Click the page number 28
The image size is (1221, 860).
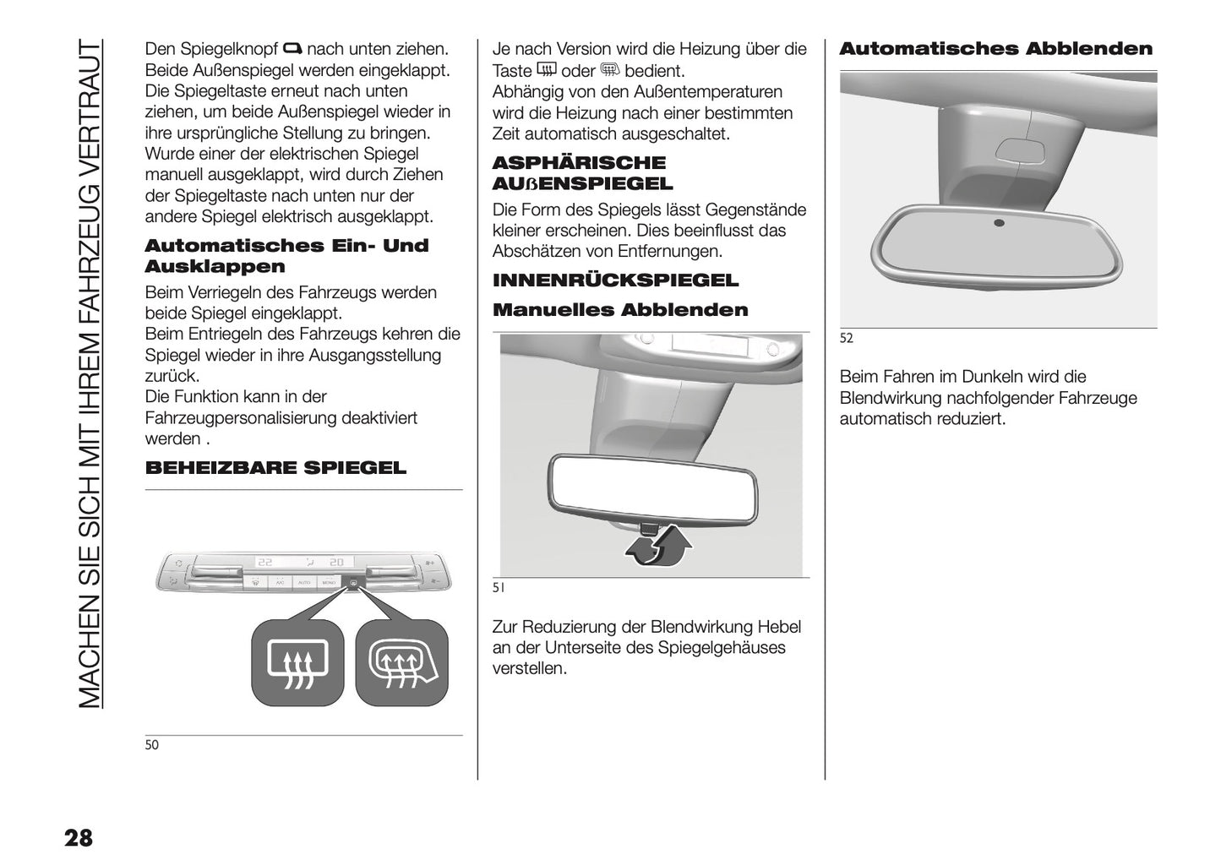[78, 839]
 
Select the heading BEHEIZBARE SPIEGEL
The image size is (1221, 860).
[275, 468]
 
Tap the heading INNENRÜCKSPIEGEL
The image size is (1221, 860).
[615, 280]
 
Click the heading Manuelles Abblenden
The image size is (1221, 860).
[620, 310]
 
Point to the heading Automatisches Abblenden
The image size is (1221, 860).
[995, 49]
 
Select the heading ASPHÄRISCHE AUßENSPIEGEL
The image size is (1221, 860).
[582, 173]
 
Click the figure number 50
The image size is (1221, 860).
[152, 745]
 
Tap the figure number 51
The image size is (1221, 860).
[499, 587]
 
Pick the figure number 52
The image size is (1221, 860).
[847, 339]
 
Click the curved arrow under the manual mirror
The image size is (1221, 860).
[659, 546]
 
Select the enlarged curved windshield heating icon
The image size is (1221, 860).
[401, 663]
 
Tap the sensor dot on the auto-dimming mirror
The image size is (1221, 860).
[1000, 223]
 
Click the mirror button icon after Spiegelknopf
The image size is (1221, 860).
[293, 48]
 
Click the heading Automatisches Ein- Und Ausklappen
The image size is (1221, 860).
[286, 256]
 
